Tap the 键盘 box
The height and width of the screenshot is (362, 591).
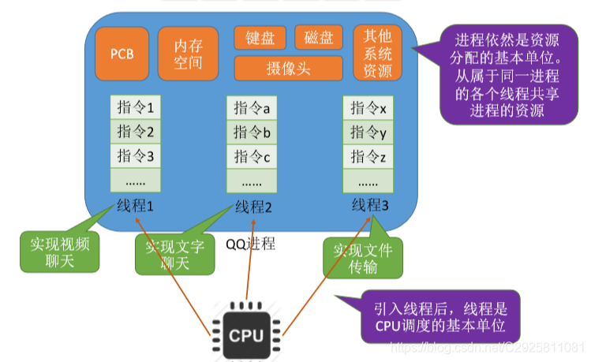[260, 37]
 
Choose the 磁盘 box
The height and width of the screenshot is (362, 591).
[319, 37]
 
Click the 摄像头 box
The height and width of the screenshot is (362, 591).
[288, 69]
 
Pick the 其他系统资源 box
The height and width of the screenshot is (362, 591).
[377, 54]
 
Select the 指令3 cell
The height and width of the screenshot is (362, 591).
[137, 155]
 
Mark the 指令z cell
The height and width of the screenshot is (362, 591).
[368, 157]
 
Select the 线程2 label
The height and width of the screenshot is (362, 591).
[253, 209]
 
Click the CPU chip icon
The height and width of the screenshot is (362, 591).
[246, 333]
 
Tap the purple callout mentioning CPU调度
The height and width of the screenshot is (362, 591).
[440, 315]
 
